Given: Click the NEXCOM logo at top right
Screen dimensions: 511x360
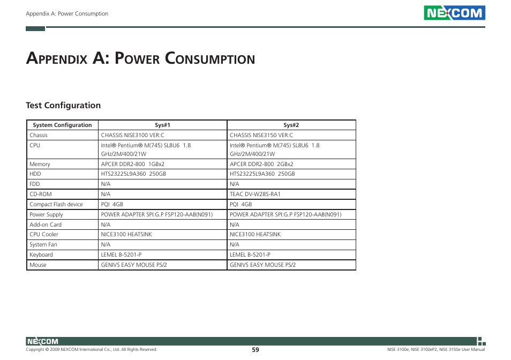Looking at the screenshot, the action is point(454,13).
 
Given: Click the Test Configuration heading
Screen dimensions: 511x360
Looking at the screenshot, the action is point(63,106).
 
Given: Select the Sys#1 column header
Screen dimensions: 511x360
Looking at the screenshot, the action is point(162,125).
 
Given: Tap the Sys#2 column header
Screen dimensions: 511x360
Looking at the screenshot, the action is point(291,125).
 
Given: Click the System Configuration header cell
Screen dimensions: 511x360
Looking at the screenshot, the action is point(62,125).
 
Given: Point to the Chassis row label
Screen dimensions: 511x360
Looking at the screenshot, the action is point(39,136).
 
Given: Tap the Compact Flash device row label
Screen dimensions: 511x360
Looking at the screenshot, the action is point(56,205).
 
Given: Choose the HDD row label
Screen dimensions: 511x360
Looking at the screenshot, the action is point(35,174).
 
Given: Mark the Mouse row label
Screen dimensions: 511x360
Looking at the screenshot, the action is point(38,265).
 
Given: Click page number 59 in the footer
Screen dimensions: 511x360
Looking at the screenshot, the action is point(255,350).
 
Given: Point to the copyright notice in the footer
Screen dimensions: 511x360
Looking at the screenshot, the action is point(92,350).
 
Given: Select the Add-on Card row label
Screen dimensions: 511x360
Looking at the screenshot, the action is point(46,225).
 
